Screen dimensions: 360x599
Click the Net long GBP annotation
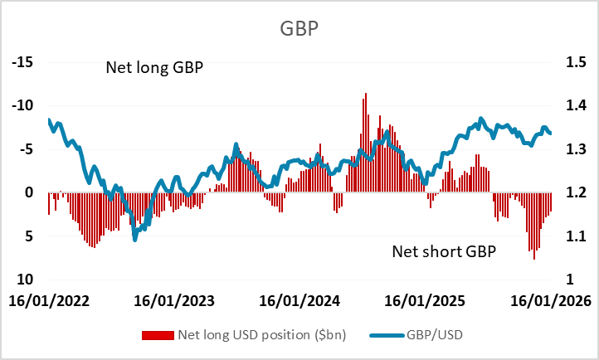pyautogui.click(x=154, y=68)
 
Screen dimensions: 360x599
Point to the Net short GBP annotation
pyautogui.click(x=443, y=250)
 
